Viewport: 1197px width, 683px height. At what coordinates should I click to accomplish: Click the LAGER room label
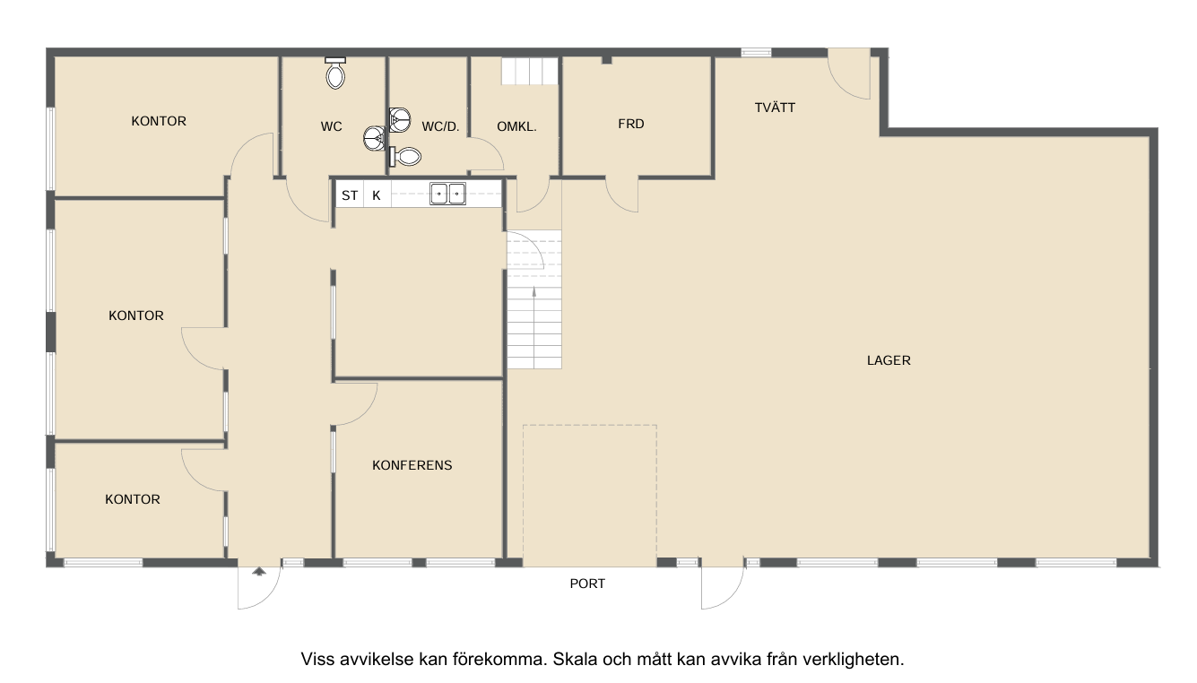pyautogui.click(x=889, y=360)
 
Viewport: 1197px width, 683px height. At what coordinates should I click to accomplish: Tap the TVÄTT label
pyautogui.click(x=775, y=108)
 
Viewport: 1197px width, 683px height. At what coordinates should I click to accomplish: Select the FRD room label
pyautogui.click(x=631, y=124)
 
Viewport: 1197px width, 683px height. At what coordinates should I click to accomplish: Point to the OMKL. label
pyautogui.click(x=516, y=127)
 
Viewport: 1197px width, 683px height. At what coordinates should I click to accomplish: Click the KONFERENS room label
pyautogui.click(x=412, y=465)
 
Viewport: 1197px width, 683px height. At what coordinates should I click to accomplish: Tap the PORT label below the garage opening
pyautogui.click(x=587, y=584)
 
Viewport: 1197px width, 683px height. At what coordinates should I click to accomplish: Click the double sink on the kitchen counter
pyautogui.click(x=447, y=194)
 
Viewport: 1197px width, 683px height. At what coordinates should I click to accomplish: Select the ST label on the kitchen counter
pyautogui.click(x=350, y=195)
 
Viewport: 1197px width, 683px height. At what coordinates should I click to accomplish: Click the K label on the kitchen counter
pyautogui.click(x=377, y=195)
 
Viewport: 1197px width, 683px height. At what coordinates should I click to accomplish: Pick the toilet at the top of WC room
pyautogui.click(x=335, y=73)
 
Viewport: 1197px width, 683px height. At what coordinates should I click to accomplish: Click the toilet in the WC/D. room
pyautogui.click(x=405, y=157)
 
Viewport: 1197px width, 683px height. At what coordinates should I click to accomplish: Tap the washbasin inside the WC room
pyautogui.click(x=375, y=139)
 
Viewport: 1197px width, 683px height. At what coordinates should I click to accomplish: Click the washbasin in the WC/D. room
pyautogui.click(x=400, y=119)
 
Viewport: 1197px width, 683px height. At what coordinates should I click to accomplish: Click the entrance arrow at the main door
pyautogui.click(x=259, y=572)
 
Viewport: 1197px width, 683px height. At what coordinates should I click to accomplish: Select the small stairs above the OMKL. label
pyautogui.click(x=530, y=71)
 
